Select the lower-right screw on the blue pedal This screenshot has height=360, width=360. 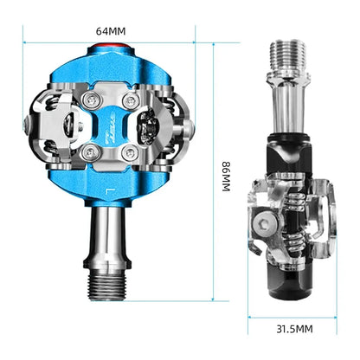tap(130, 154)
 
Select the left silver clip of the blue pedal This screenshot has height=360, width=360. tap(47, 128)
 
